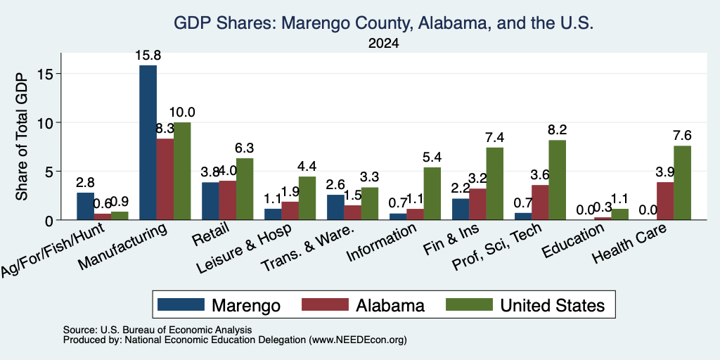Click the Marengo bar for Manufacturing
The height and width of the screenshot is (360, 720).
pyautogui.click(x=148, y=142)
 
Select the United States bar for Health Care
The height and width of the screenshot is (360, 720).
pyautogui.click(x=682, y=183)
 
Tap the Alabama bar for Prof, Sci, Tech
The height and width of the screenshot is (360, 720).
pyautogui.click(x=540, y=202)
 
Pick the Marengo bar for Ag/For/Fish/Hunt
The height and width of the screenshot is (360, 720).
pyautogui.click(x=85, y=206)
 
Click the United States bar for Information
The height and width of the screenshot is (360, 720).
pyautogui.click(x=432, y=194)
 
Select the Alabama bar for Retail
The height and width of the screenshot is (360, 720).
pyautogui.click(x=228, y=200)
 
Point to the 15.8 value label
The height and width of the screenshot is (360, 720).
pyautogui.click(x=148, y=56)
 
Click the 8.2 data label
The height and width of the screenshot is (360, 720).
pyautogui.click(x=557, y=130)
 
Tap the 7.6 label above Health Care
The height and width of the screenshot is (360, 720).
pyautogui.click(x=682, y=136)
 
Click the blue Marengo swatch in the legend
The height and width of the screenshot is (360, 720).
pyautogui.click(x=181, y=305)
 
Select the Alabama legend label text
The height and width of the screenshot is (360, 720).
pyautogui.click(x=390, y=305)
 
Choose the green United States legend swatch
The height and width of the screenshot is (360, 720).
pyautogui.click(x=469, y=305)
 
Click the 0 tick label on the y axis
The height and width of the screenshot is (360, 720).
pyautogui.click(x=51, y=220)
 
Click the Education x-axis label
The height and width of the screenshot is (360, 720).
pyautogui.click(x=572, y=242)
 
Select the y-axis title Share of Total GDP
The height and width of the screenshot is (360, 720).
pyautogui.click(x=22, y=136)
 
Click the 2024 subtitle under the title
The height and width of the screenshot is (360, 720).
pyautogui.click(x=383, y=44)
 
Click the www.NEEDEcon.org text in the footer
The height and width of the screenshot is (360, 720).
pyautogui.click(x=358, y=340)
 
